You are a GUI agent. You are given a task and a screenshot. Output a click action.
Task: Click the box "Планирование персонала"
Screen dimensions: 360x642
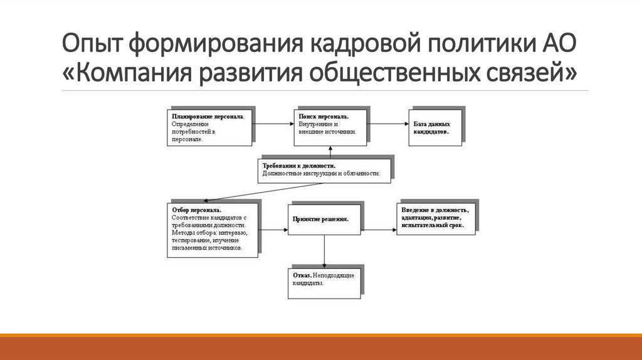click(207, 128)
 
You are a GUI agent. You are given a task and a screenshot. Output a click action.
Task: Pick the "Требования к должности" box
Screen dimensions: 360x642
click(324, 168)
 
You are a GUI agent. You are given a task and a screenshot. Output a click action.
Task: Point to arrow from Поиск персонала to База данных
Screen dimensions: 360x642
click(386, 124)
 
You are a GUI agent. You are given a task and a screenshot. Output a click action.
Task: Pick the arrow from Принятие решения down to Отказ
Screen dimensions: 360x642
click(324, 251)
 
